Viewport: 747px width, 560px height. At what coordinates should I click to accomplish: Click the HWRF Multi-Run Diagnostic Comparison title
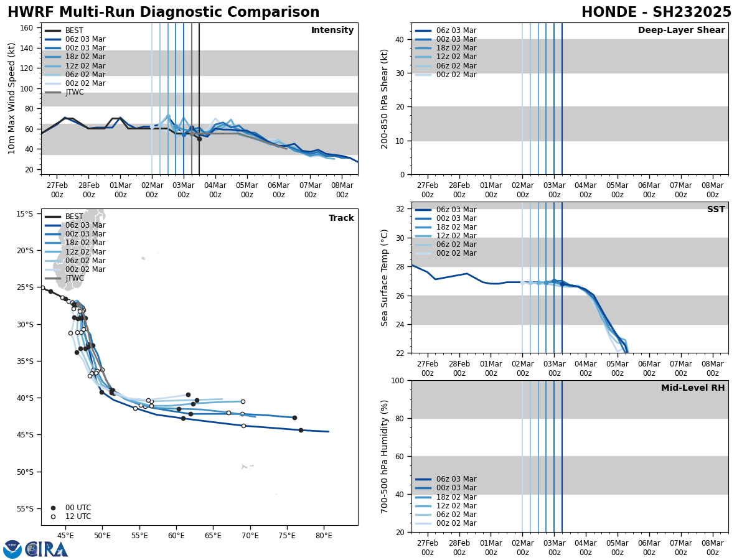[163, 12]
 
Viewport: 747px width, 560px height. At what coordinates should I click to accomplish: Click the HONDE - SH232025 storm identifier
[656, 12]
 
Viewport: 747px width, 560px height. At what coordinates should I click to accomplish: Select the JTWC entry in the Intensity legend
[74, 93]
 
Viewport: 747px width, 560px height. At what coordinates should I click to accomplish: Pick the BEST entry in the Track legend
[74, 217]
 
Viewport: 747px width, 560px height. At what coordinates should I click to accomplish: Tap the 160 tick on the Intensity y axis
[27, 28]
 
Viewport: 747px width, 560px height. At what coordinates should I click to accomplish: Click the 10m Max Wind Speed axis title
[12, 98]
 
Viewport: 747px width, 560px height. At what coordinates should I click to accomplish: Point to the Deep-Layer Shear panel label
[681, 30]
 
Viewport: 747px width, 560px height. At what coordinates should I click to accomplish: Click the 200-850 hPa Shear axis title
[385, 98]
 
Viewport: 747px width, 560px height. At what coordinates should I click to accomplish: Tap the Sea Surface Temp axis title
[385, 278]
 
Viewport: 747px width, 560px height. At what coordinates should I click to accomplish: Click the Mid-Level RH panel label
[693, 388]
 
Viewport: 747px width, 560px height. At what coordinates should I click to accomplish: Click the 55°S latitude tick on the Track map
[26, 509]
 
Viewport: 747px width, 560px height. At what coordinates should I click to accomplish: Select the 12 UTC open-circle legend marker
[53, 516]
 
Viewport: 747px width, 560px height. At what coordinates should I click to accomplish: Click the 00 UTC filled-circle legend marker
[53, 508]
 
